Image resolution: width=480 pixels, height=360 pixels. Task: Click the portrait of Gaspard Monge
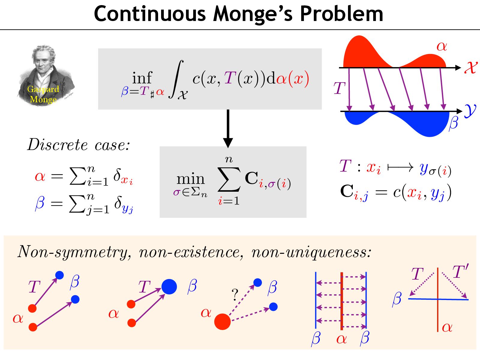click(x=45, y=75)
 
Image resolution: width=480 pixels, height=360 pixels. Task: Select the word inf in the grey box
click(x=142, y=78)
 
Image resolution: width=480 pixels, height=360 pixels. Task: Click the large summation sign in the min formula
click(x=229, y=179)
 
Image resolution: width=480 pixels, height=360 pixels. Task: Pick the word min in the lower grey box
click(x=190, y=179)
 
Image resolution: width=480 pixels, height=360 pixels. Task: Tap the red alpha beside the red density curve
click(x=442, y=46)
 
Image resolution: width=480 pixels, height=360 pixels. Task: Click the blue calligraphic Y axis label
click(x=470, y=111)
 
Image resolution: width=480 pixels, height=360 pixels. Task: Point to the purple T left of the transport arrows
click(x=340, y=88)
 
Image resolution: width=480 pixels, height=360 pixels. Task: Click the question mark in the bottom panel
click(x=235, y=295)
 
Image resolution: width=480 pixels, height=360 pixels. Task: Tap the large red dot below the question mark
click(x=222, y=322)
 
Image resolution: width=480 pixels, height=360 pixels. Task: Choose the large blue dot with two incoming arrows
click(x=169, y=286)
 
